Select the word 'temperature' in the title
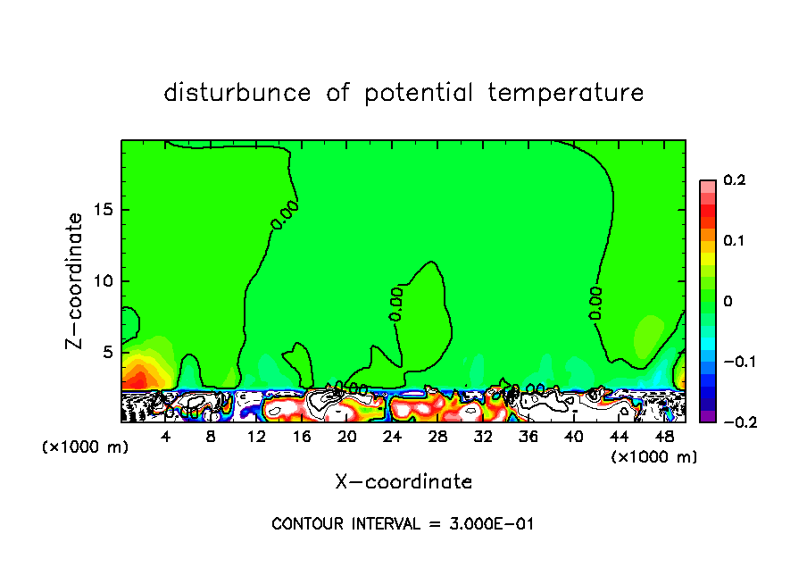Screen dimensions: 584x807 point(566,94)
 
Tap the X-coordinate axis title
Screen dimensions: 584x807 point(403,482)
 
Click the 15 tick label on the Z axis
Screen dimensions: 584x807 point(104,210)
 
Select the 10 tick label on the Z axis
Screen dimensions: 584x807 point(104,281)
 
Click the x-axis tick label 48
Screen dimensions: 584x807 point(664,438)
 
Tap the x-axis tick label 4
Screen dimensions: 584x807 point(165,438)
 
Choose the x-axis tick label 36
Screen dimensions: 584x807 point(528,438)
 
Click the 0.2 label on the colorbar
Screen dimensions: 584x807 point(734,180)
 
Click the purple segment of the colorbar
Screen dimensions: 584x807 point(707,416)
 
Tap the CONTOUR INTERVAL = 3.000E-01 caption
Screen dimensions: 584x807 point(403,524)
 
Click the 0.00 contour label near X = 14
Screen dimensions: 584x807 point(284,217)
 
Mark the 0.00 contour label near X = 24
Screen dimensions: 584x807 point(396,304)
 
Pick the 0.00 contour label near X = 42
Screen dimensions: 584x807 point(595,303)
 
